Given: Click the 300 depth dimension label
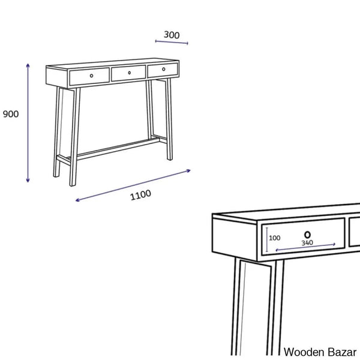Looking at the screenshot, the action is point(172,35).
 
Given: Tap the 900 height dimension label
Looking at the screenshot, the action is point(11,114).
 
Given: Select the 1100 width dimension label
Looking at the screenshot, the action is point(140,195).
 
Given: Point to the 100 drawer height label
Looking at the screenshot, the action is point(275,238).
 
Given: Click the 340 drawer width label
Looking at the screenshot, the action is point(307,242).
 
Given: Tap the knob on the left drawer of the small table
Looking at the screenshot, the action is point(91,76).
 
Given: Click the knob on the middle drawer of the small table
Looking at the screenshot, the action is point(129,73).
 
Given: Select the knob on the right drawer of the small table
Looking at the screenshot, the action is point(163,69).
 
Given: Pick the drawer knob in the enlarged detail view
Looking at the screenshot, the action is point(307,235).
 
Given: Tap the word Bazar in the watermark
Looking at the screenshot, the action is point(342,352).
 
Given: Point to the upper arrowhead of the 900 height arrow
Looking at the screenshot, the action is point(28,65).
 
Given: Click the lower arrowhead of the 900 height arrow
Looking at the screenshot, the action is point(28,180).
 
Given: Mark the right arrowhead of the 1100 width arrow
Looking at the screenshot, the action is point(188,170).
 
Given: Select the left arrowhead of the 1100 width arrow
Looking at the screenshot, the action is point(77,200).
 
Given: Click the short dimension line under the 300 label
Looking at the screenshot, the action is point(172,42).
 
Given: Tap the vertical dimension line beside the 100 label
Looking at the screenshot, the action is point(267,239).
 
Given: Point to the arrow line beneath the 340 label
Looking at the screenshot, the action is point(305,247).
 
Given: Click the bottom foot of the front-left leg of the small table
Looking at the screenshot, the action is point(73,184).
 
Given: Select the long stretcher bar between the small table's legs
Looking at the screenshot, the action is point(117,149).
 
